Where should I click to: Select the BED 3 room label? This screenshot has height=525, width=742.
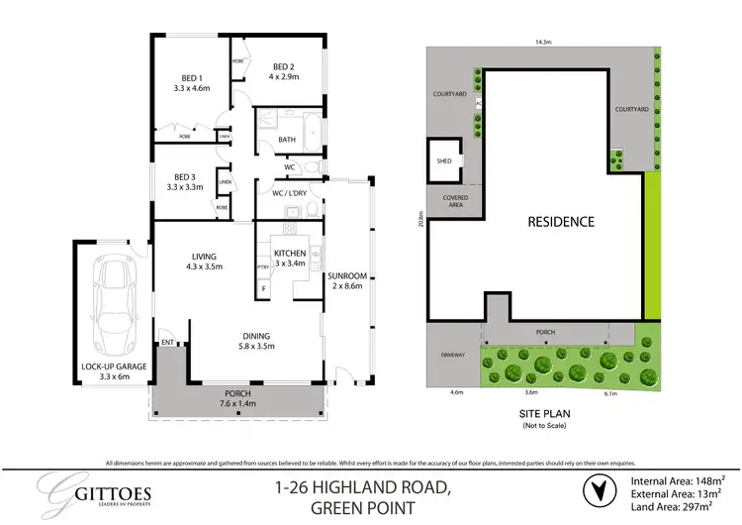(x=185, y=180)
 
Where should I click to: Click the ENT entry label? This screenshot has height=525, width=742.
(x=167, y=343)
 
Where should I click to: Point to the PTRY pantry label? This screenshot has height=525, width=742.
(x=263, y=267)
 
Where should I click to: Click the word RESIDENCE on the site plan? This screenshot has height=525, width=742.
(x=561, y=222)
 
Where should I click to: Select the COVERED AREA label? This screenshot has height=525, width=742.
(x=455, y=201)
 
